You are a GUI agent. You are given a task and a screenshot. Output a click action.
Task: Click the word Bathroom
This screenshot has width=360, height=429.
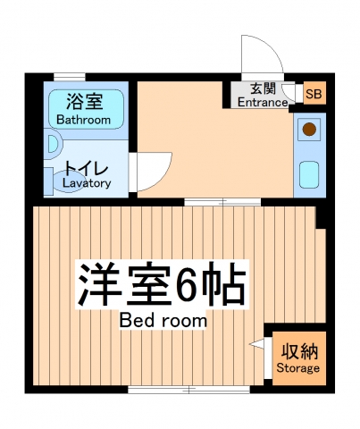(83, 119)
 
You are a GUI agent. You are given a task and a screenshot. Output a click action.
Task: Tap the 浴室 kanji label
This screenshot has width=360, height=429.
(83, 101)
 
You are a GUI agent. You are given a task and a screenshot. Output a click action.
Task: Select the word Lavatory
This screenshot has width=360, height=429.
(87, 183)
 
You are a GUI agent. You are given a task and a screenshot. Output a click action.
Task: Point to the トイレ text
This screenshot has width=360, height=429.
(86, 168)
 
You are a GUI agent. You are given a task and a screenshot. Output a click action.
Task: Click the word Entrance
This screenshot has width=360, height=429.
(263, 102)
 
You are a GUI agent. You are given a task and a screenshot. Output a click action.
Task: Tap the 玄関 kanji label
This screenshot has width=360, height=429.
(263, 88)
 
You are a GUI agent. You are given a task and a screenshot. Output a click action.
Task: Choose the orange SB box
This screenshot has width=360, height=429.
(314, 94)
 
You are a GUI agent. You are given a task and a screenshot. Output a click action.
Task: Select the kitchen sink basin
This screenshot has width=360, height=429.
(309, 173)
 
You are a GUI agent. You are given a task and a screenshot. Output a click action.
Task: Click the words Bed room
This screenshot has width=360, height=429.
(163, 320)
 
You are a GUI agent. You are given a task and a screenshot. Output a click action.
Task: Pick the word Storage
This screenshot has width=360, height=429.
(297, 367)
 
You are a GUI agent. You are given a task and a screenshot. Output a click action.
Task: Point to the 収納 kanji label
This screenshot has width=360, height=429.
(297, 350)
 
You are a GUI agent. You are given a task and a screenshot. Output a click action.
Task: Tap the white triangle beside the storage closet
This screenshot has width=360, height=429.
(258, 343)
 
